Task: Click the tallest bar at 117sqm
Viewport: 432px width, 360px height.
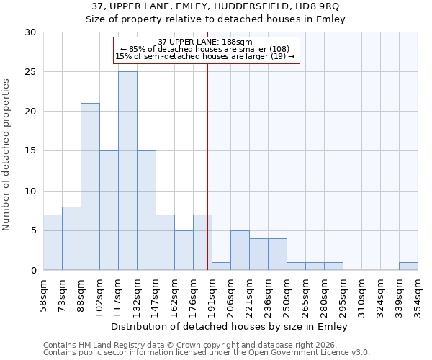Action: point(127,171)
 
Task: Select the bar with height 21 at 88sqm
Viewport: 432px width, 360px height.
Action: point(90,186)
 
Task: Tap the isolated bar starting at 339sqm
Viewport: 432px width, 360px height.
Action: point(408,266)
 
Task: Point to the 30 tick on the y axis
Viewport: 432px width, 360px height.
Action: point(30,32)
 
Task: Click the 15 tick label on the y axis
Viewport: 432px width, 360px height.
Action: point(30,151)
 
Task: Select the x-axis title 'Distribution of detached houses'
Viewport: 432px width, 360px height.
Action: point(230,327)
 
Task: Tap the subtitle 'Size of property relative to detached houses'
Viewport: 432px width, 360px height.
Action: point(216,19)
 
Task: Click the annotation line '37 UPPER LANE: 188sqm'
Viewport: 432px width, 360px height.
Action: point(205,42)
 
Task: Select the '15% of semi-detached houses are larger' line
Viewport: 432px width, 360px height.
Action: point(205,56)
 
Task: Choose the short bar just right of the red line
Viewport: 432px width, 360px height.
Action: point(221,266)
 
